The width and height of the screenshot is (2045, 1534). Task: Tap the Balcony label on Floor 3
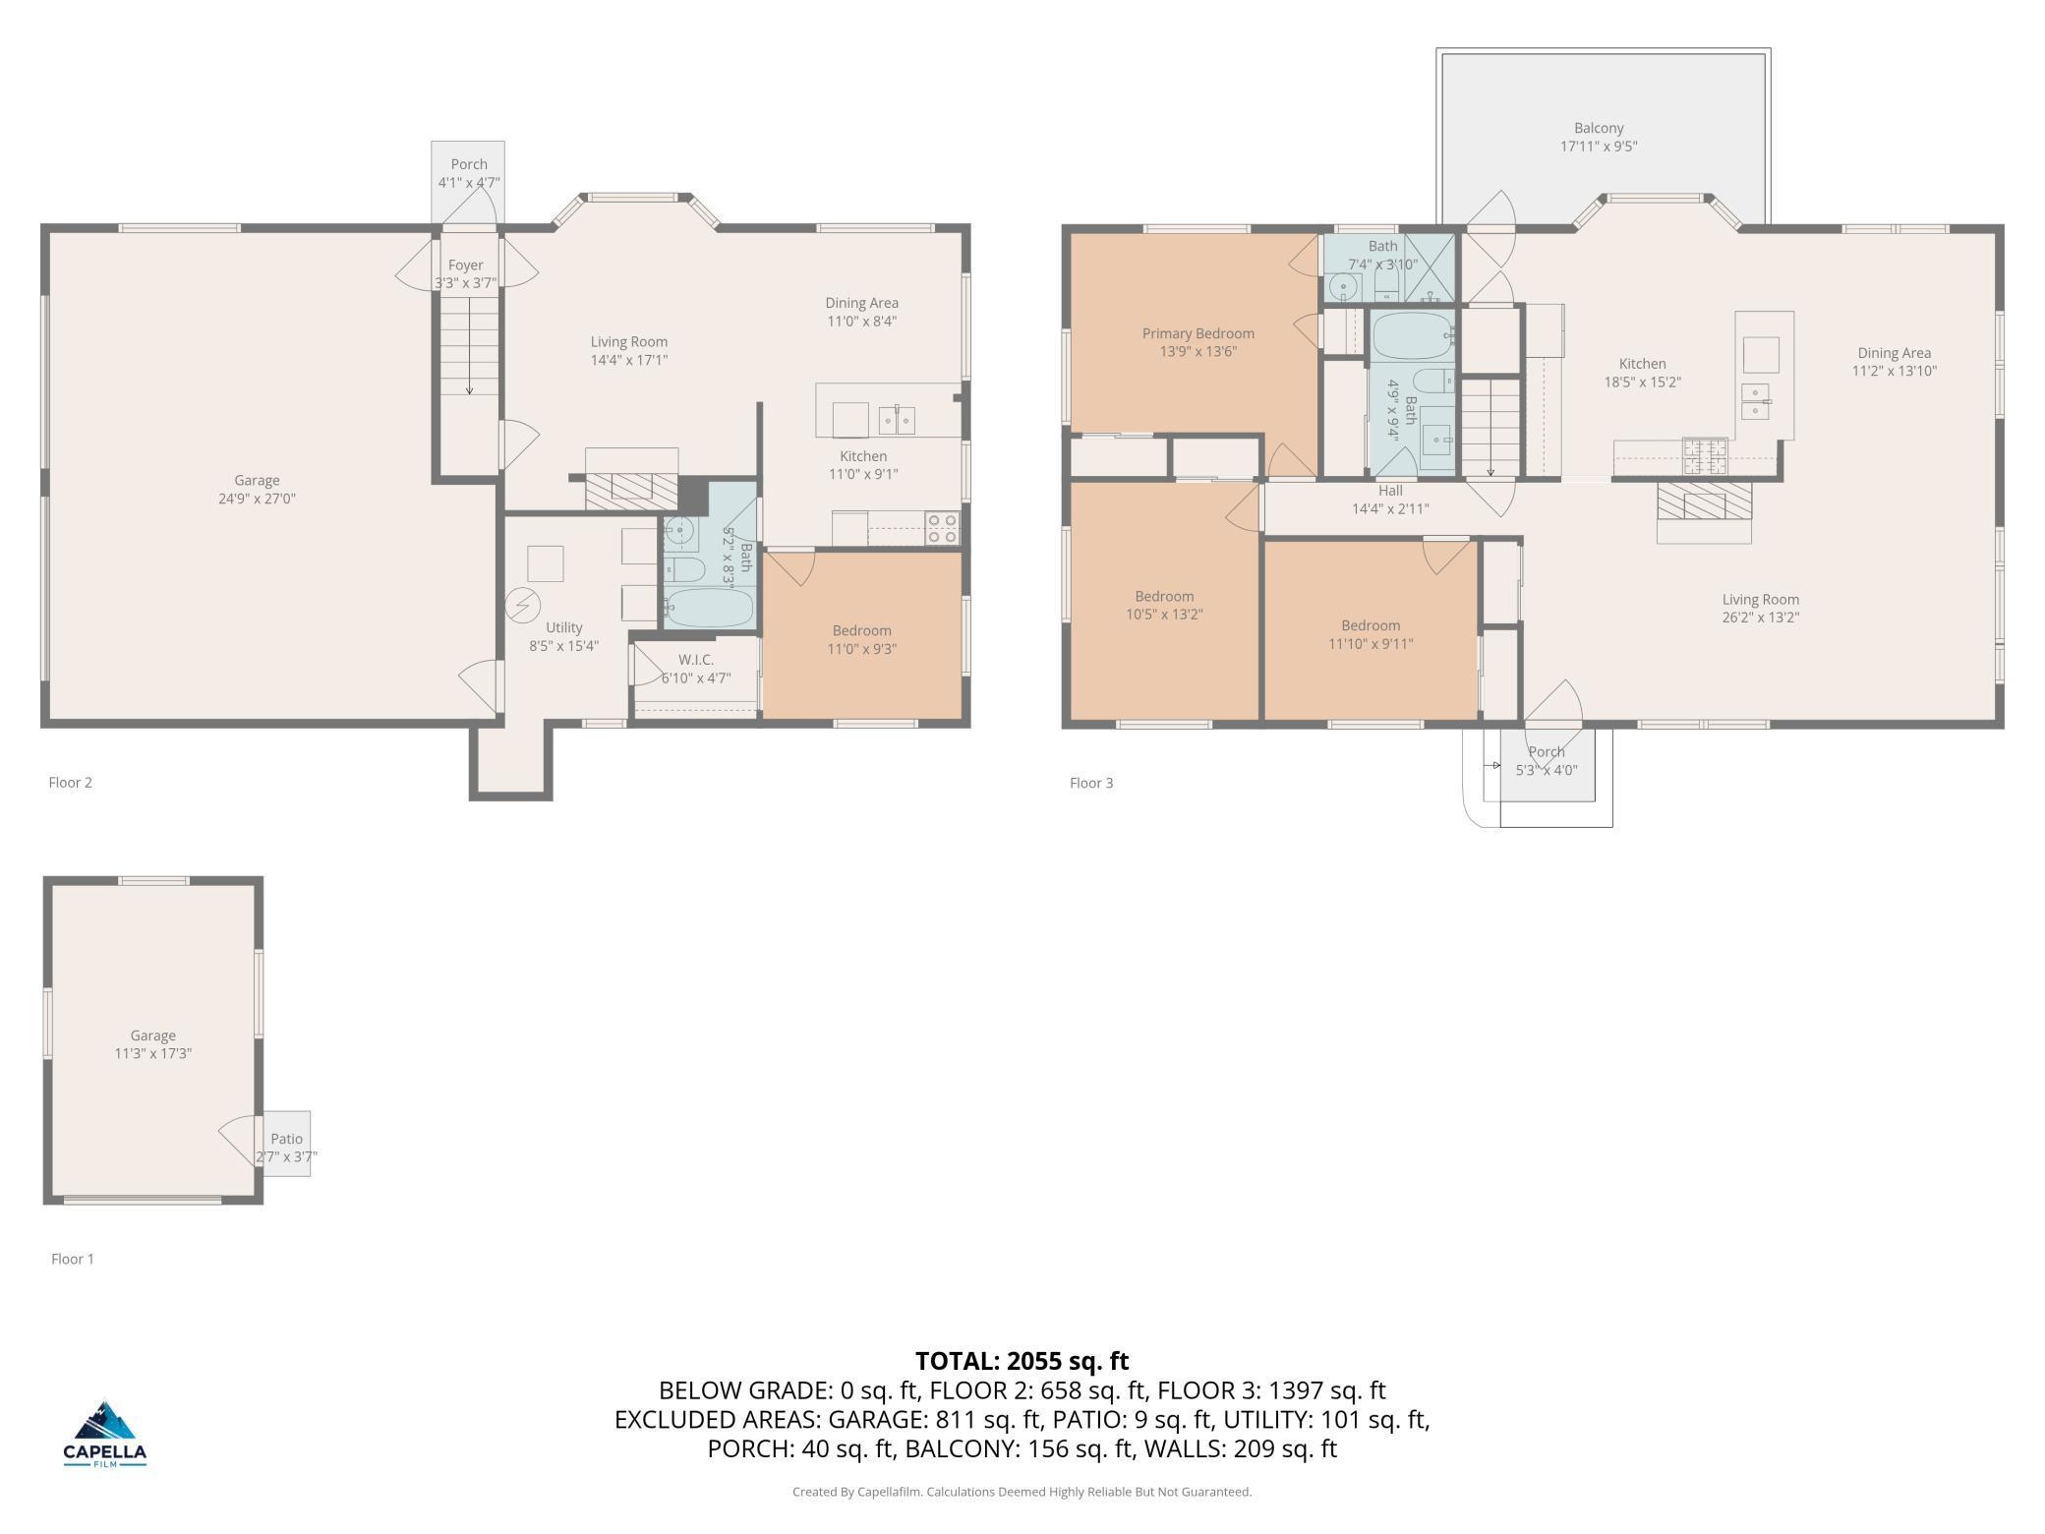[1599, 128]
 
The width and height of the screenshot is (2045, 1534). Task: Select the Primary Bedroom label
[1198, 333]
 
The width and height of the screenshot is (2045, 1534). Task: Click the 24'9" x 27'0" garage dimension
[257, 499]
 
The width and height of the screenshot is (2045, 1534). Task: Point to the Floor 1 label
[73, 1259]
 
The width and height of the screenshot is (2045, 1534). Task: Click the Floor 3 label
[1091, 783]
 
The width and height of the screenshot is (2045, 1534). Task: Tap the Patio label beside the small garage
[287, 1139]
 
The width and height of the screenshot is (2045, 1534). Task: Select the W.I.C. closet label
[696, 660]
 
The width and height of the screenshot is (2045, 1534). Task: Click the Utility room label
[564, 627]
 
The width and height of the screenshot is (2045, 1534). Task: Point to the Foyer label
[466, 265]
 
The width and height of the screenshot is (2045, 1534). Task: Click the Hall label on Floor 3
[1390, 491]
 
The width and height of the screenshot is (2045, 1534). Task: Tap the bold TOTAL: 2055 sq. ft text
[1022, 1361]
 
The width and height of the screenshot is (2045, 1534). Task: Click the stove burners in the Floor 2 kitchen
[943, 528]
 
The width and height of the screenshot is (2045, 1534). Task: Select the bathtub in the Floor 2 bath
[708, 608]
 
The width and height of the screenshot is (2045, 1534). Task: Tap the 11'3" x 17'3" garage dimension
[152, 1053]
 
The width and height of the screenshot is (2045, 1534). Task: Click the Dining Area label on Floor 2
[861, 303]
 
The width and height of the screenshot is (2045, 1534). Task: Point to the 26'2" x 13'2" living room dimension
[1760, 618]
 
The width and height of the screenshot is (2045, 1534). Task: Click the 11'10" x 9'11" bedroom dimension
[1371, 644]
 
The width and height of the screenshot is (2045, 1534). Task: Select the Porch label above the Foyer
[469, 164]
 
